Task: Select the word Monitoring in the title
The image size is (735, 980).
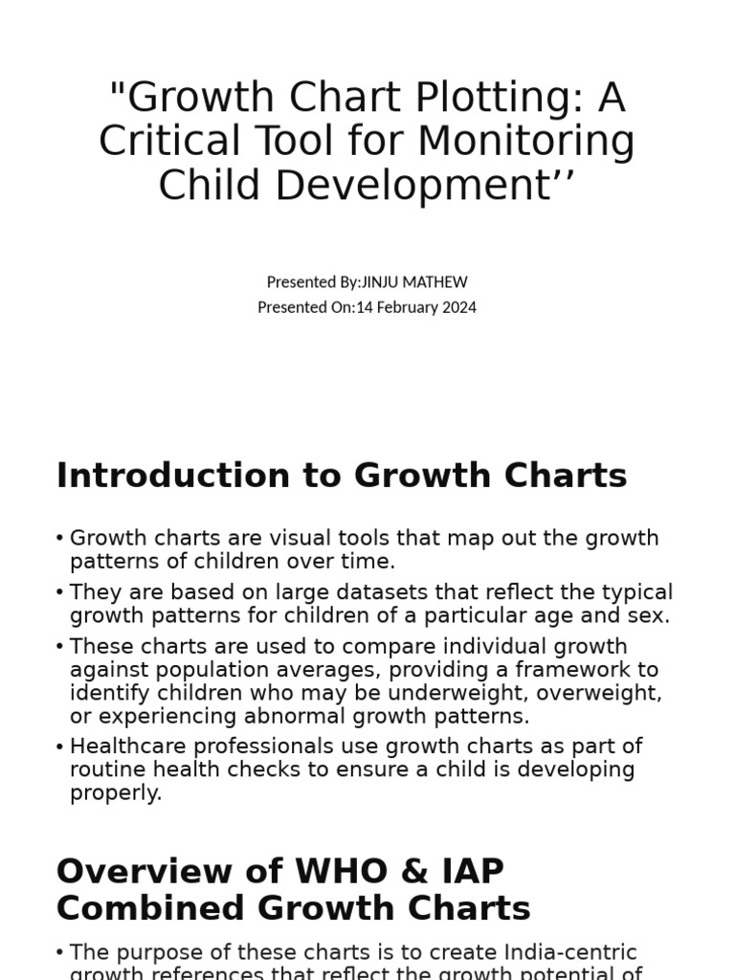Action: pos(526,143)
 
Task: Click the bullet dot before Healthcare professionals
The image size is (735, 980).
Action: pos(60,746)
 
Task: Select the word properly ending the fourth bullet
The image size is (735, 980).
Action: pos(115,792)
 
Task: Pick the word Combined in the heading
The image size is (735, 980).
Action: pos(143,908)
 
